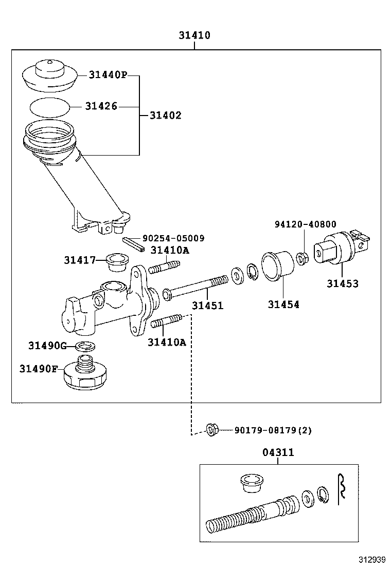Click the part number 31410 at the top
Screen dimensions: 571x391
click(x=194, y=35)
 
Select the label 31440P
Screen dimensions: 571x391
click(x=107, y=75)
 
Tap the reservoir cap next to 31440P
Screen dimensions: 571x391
click(x=50, y=74)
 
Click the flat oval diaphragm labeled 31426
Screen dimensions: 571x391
click(x=49, y=107)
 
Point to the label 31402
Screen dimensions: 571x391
click(x=165, y=116)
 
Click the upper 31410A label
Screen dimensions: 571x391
click(x=170, y=250)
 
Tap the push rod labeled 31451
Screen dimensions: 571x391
click(x=195, y=288)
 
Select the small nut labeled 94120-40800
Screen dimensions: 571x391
click(x=303, y=256)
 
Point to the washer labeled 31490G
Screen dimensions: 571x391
click(x=84, y=345)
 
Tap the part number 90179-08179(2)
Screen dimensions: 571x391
click(x=273, y=430)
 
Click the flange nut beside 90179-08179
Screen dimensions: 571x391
click(x=211, y=429)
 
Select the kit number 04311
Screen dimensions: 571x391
click(x=278, y=452)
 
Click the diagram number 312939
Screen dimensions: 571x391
click(x=372, y=559)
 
